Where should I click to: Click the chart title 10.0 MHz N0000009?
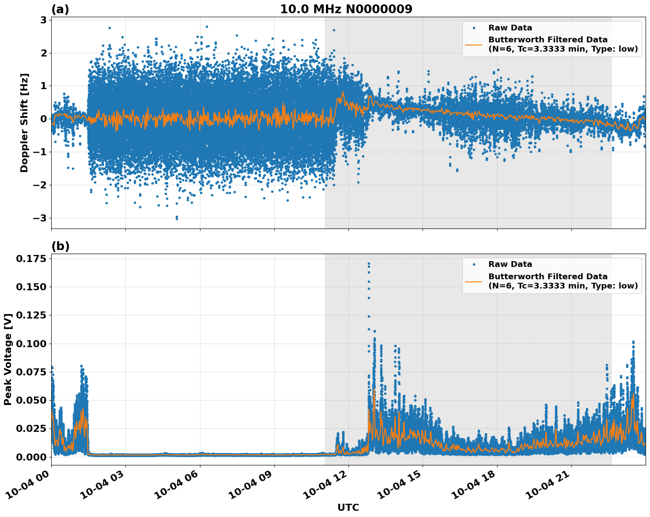(x=346, y=9)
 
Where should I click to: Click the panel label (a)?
(x=60, y=9)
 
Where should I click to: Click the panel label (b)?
(x=60, y=246)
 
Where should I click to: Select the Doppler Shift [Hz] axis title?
(x=24, y=123)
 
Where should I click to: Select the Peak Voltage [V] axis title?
(x=8, y=360)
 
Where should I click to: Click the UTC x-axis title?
(x=348, y=507)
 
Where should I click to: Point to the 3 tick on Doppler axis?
(x=44, y=20)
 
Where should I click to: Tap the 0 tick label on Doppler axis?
(x=44, y=119)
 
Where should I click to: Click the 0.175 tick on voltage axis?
(x=31, y=258)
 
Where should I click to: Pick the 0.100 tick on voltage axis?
(x=31, y=344)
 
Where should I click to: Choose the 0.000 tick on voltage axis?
(x=31, y=457)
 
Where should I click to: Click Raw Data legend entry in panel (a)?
(x=510, y=28)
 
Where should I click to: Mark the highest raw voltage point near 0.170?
(x=369, y=264)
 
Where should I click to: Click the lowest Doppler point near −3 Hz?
(x=177, y=218)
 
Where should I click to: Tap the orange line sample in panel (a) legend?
(x=474, y=44)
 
